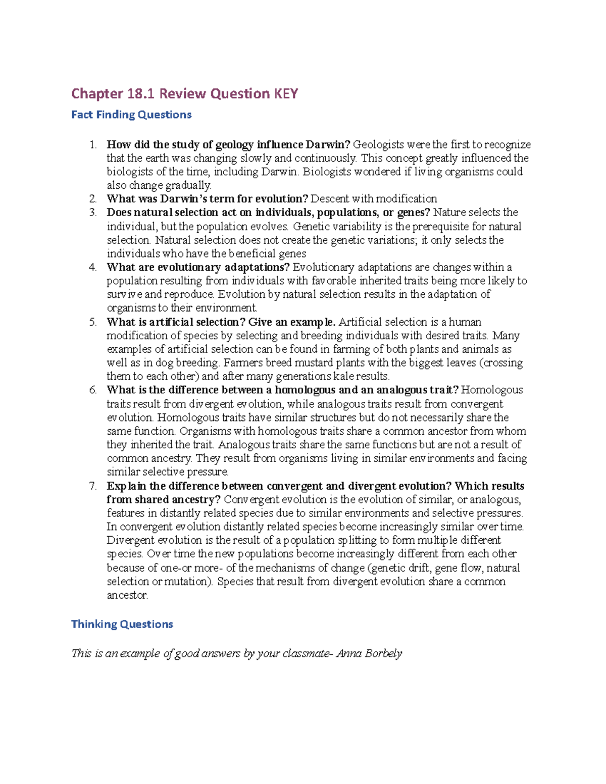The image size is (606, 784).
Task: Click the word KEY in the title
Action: coord(286,94)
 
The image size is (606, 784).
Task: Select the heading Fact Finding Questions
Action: coord(131,115)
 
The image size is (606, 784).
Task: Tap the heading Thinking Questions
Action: coord(122,624)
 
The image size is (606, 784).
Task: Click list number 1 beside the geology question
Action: coord(92,145)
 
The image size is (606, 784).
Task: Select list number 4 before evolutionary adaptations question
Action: coord(92,268)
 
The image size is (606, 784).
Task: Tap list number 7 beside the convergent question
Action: coord(92,486)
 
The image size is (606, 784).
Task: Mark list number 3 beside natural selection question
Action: coord(92,213)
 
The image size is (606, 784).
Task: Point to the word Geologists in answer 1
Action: coord(376,145)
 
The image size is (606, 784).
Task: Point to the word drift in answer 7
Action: coord(419,568)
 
